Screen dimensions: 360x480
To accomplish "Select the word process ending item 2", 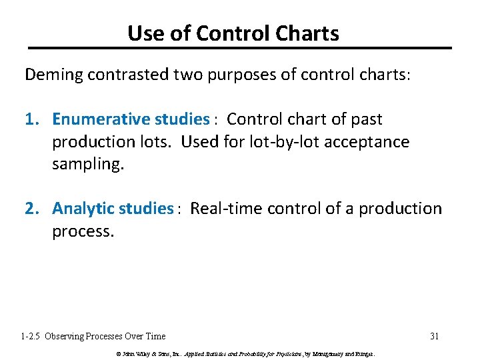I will coord(83,231).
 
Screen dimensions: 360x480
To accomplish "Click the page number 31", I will coord(434,336).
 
